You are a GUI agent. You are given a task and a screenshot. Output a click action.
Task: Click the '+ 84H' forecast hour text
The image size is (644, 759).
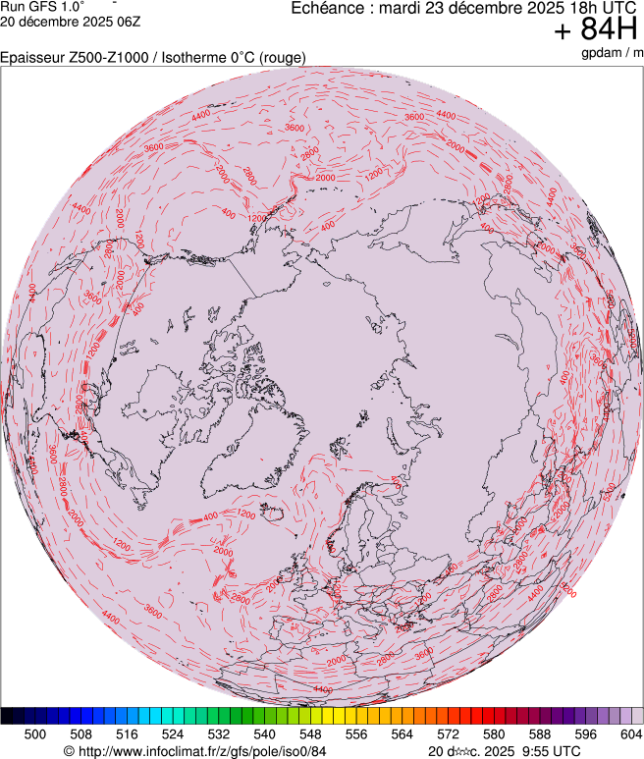point(597,30)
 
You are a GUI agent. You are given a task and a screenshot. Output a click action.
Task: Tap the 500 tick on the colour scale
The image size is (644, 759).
point(35,733)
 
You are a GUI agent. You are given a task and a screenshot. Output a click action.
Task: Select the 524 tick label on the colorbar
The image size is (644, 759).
point(173,733)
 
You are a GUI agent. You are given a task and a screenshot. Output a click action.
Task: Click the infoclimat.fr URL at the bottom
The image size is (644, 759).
point(201,751)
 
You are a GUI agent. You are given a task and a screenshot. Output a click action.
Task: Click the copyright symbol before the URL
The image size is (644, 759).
point(69,751)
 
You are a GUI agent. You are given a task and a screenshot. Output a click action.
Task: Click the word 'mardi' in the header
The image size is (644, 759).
point(413,8)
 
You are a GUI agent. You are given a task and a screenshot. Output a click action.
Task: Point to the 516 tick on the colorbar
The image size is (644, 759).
point(128,733)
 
